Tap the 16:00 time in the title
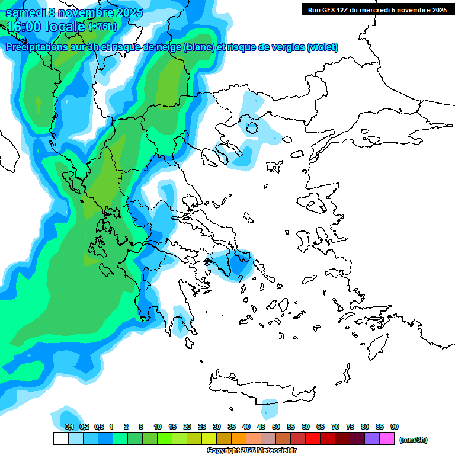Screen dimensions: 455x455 [x=24, y=27]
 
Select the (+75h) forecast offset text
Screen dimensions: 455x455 [x=102, y=27]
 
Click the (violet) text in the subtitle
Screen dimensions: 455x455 [x=323, y=47]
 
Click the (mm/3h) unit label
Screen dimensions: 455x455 [x=413, y=440]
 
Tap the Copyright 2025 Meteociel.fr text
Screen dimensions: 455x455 [x=252, y=451]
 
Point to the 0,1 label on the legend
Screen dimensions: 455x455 [x=69, y=427]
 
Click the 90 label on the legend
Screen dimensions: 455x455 [x=394, y=427]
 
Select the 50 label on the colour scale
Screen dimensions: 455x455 [x=276, y=427]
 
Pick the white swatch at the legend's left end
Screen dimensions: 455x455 [x=60, y=439]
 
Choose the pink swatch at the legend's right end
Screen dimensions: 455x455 [x=387, y=439]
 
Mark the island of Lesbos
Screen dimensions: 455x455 [x=315, y=204]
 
